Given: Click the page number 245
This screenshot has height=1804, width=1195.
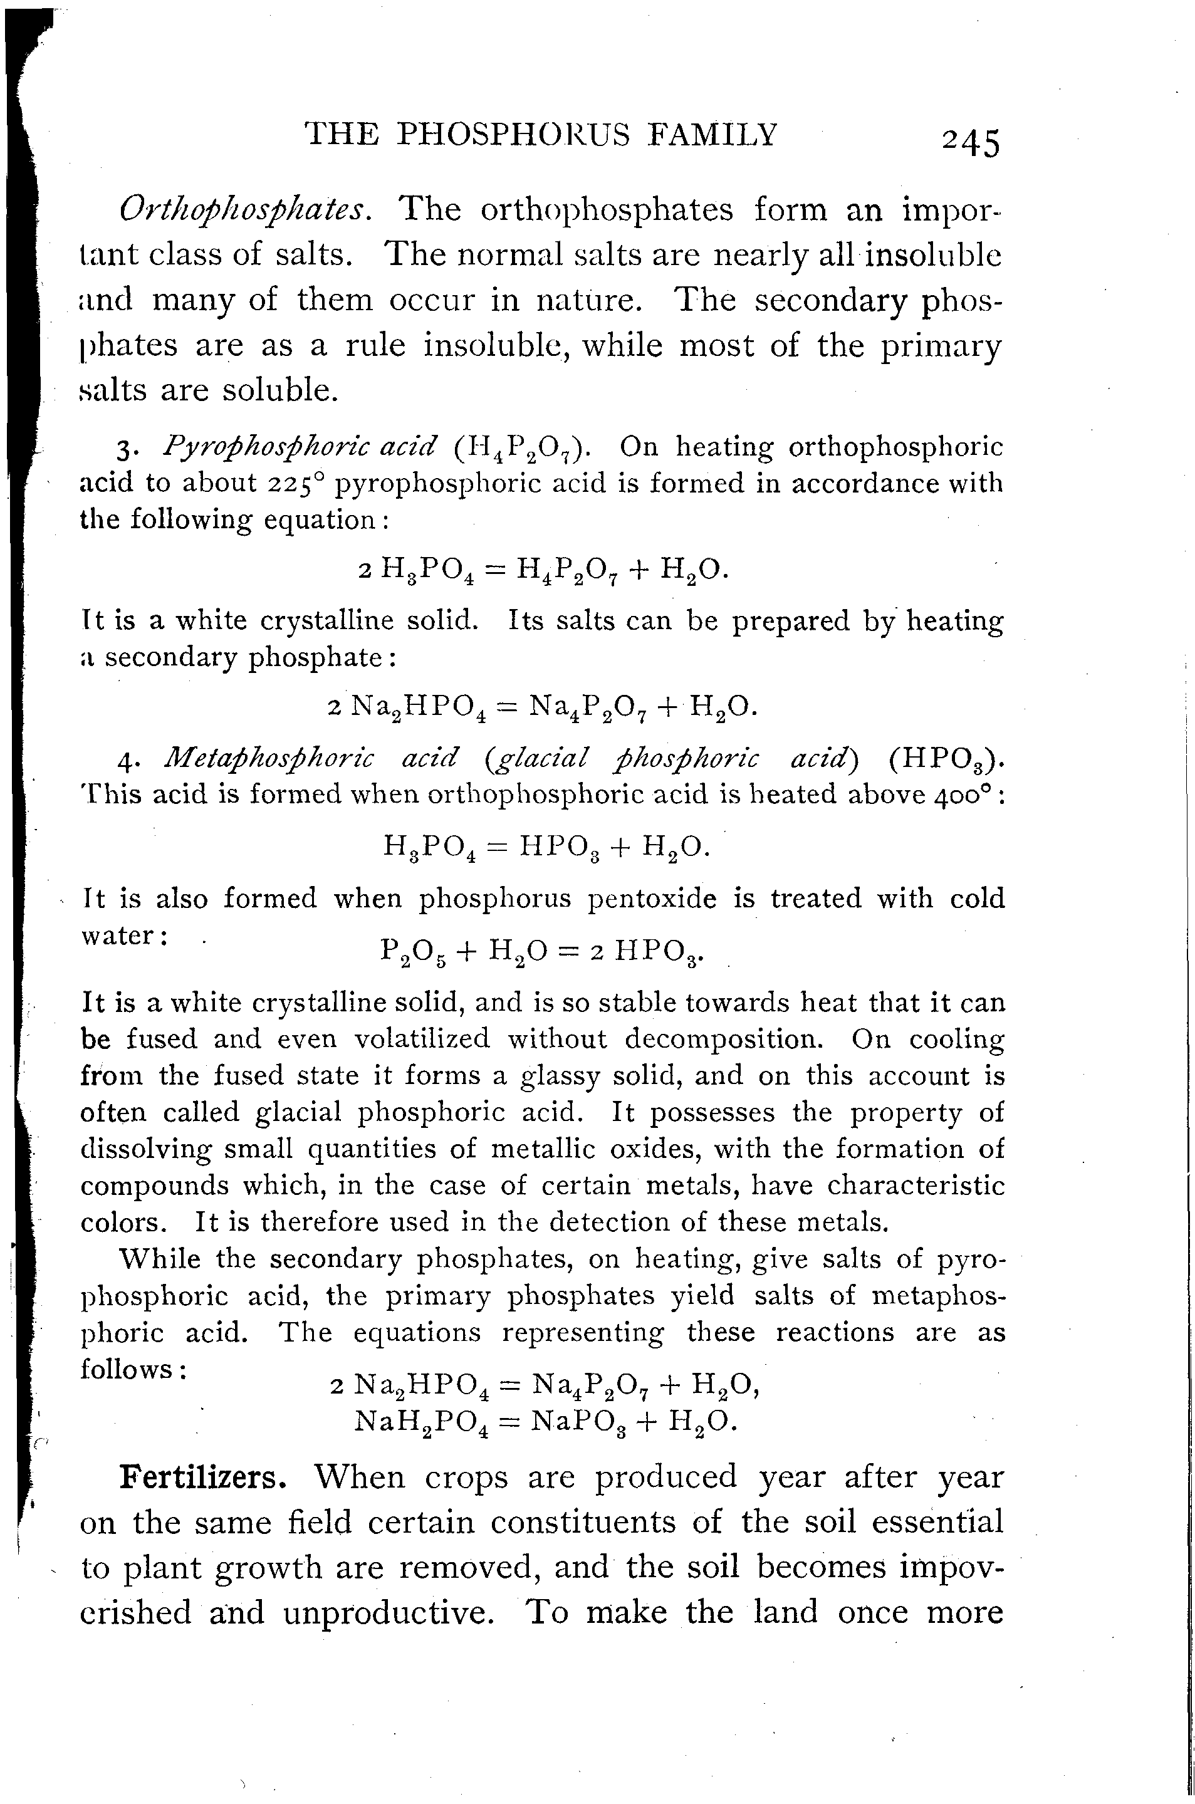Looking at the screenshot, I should (x=970, y=142).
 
